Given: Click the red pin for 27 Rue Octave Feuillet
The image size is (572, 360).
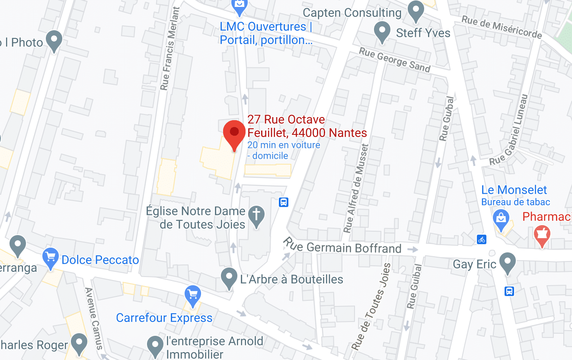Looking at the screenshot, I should (234, 133).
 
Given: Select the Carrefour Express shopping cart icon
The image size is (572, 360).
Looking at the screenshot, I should (192, 294).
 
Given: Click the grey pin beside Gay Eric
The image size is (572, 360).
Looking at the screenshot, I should (508, 262).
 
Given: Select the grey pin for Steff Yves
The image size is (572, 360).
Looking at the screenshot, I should (382, 32).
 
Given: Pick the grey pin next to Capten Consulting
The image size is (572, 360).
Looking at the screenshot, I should (416, 10).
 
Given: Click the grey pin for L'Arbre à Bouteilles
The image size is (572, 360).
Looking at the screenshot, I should (229, 277).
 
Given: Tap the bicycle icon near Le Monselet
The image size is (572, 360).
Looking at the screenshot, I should (482, 239).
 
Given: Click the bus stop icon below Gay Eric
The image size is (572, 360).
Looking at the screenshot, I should (510, 291).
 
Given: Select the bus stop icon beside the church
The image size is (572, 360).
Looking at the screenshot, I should (284, 202).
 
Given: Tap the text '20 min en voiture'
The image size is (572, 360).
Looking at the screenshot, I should (284, 145).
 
